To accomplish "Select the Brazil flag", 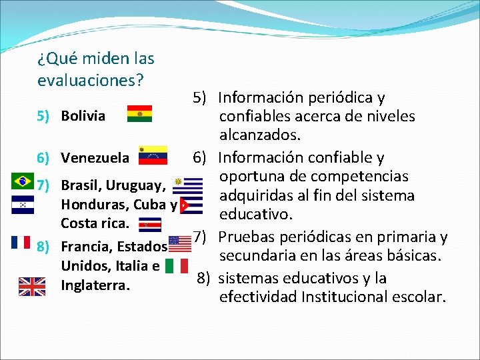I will pyautogui.click(x=23, y=181).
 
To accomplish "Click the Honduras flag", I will pyautogui.click(x=23, y=205).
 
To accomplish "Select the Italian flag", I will pyautogui.click(x=177, y=266).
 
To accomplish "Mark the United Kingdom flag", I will pyautogui.click(x=31, y=286).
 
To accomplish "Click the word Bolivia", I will pyautogui.click(x=83, y=116).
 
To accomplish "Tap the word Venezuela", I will pyautogui.click(x=95, y=158).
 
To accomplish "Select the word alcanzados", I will pyautogui.click(x=260, y=135).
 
